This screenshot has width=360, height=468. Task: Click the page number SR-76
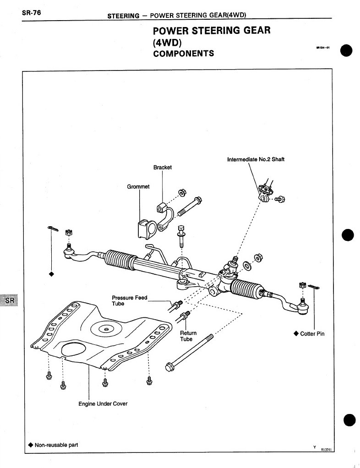(x=31, y=13)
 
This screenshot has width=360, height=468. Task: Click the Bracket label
(x=162, y=168)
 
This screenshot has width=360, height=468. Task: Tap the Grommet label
(x=138, y=187)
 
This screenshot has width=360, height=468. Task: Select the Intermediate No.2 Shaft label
(x=259, y=160)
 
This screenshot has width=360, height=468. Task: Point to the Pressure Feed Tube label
(x=129, y=300)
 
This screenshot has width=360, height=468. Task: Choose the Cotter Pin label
(x=312, y=334)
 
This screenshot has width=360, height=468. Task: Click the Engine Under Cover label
(x=103, y=404)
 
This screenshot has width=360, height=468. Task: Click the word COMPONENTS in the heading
(x=183, y=54)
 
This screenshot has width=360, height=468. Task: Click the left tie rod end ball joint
(x=69, y=250)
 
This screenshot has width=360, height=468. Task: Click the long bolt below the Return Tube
(x=192, y=353)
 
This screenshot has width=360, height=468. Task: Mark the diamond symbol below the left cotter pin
(x=51, y=274)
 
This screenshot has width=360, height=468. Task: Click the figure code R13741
(x=327, y=450)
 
